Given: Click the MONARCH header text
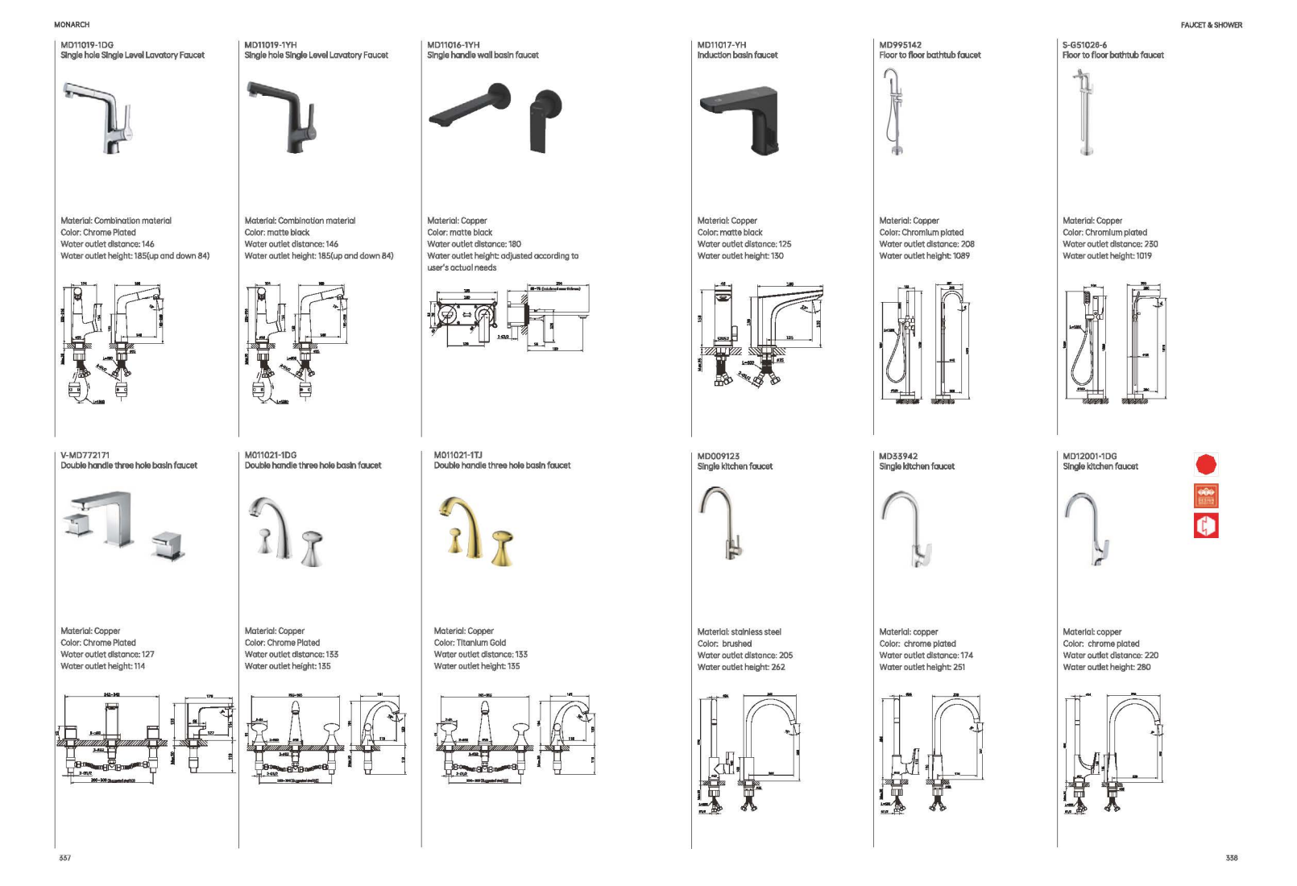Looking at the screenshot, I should pyautogui.click(x=72, y=25).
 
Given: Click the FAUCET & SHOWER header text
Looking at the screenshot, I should pyautogui.click(x=1211, y=25).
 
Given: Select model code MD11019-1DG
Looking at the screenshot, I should pyautogui.click(x=87, y=45).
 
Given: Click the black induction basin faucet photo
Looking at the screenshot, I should pyautogui.click(x=741, y=120).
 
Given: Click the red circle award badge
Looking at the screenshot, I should pyautogui.click(x=1205, y=465).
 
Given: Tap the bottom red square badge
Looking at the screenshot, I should pyautogui.click(x=1205, y=526).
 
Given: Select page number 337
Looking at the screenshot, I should pyautogui.click(x=65, y=858).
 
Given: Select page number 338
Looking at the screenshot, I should pyautogui.click(x=1231, y=858).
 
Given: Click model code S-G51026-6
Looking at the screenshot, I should pyautogui.click(x=1084, y=45).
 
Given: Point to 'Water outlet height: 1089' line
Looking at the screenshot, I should pyautogui.click(x=924, y=256).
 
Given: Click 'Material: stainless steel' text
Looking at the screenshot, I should pyautogui.click(x=739, y=632).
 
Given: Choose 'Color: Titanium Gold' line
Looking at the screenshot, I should pyautogui.click(x=470, y=643).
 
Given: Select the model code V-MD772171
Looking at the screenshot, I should pyautogui.click(x=85, y=455).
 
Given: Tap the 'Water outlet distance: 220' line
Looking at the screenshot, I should pyautogui.click(x=1110, y=656).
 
